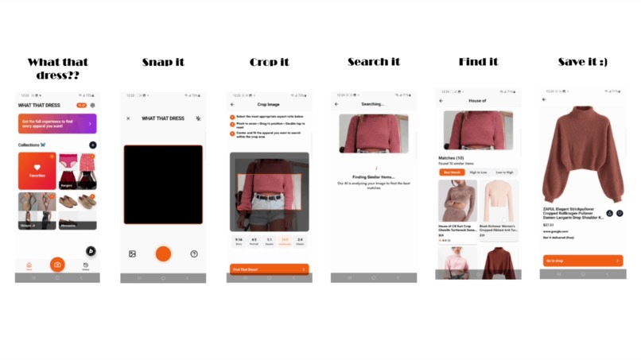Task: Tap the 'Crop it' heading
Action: click(x=269, y=62)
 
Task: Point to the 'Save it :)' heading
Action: click(x=583, y=62)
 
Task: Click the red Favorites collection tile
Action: click(x=37, y=171)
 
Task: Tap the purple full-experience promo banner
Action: click(x=57, y=124)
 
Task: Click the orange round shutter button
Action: click(x=163, y=254)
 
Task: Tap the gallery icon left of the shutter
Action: click(x=132, y=254)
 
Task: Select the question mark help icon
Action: click(x=194, y=254)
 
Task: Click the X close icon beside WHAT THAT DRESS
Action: click(x=129, y=118)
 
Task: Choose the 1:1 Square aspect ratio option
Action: click(x=269, y=240)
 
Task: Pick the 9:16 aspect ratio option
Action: click(x=238, y=240)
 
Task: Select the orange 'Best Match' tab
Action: click(x=452, y=172)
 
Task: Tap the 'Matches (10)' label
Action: click(x=453, y=158)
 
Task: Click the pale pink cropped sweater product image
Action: click(x=498, y=201)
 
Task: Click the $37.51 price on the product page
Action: click(x=548, y=225)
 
